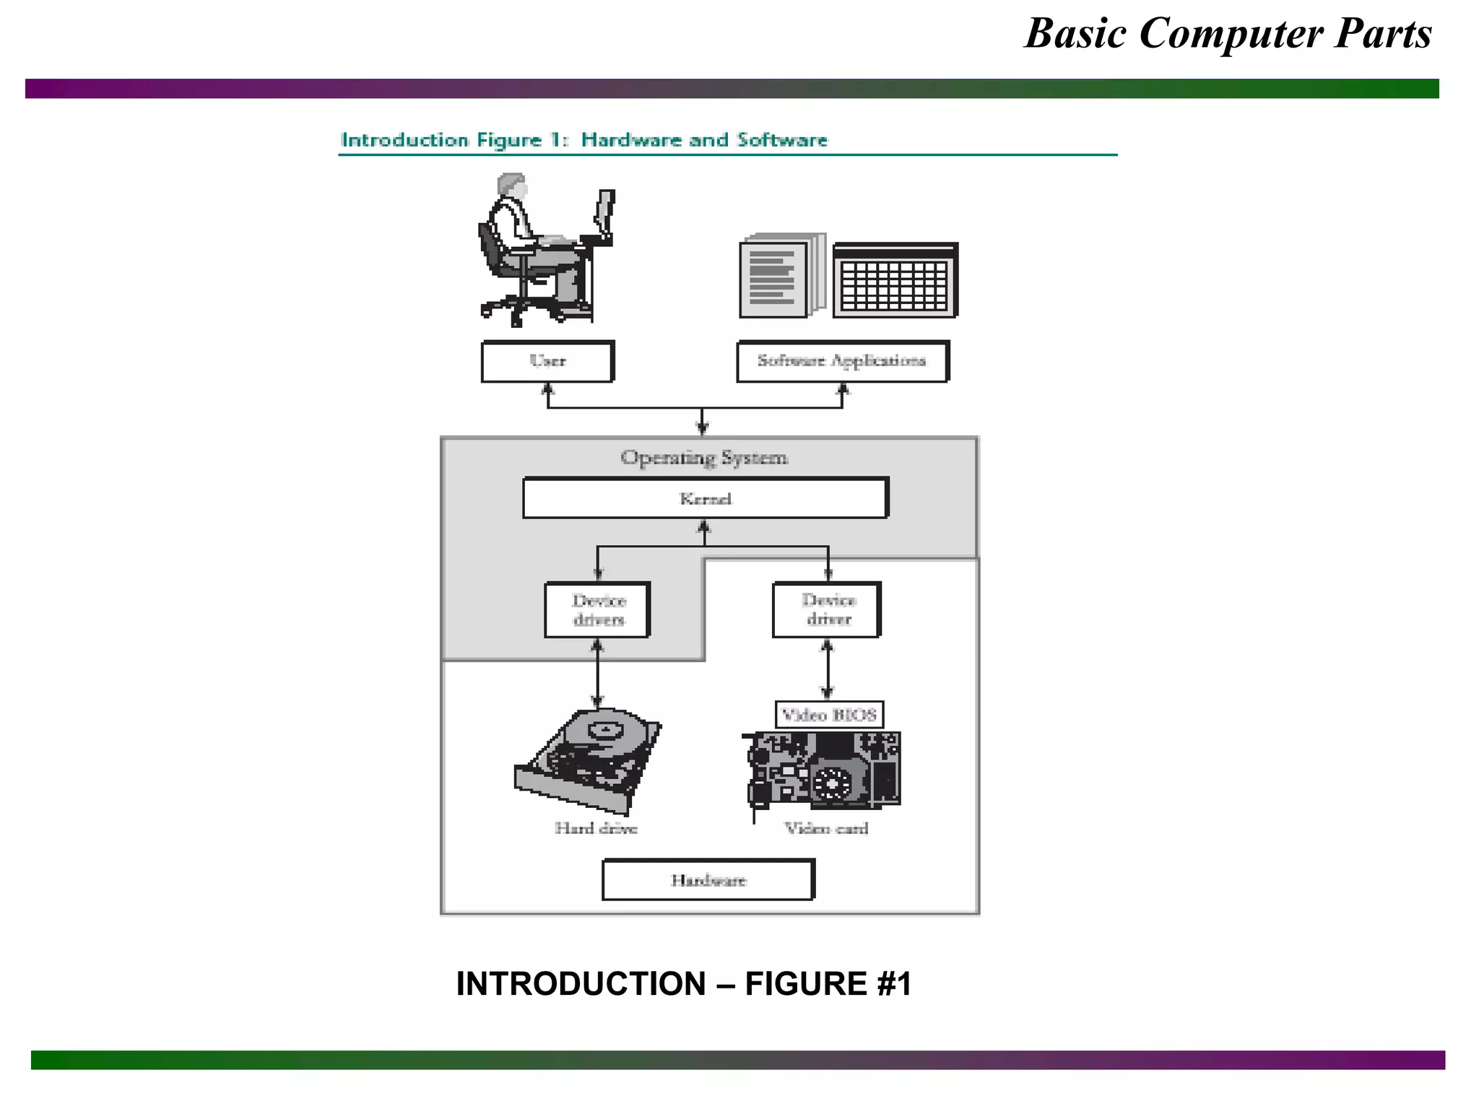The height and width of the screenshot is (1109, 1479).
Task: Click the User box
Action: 547,361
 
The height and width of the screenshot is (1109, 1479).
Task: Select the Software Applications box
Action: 842,361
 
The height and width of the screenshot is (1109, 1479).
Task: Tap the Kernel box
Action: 706,498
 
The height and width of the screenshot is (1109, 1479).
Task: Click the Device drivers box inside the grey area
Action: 598,610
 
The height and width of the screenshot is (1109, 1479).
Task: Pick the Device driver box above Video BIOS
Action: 828,610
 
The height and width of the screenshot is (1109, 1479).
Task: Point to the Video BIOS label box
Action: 829,715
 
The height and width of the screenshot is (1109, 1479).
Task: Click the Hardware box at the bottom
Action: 708,879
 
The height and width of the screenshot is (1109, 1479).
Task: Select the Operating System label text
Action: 704,458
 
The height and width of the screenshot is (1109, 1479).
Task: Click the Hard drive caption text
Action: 596,828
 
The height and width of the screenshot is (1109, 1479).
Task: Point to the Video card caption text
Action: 827,828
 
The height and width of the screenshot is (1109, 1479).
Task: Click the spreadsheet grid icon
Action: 895,282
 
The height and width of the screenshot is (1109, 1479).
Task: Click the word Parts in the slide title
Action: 1382,34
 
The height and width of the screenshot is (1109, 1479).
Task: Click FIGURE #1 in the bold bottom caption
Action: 828,983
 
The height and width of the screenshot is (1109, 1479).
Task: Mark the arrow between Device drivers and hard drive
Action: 597,673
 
